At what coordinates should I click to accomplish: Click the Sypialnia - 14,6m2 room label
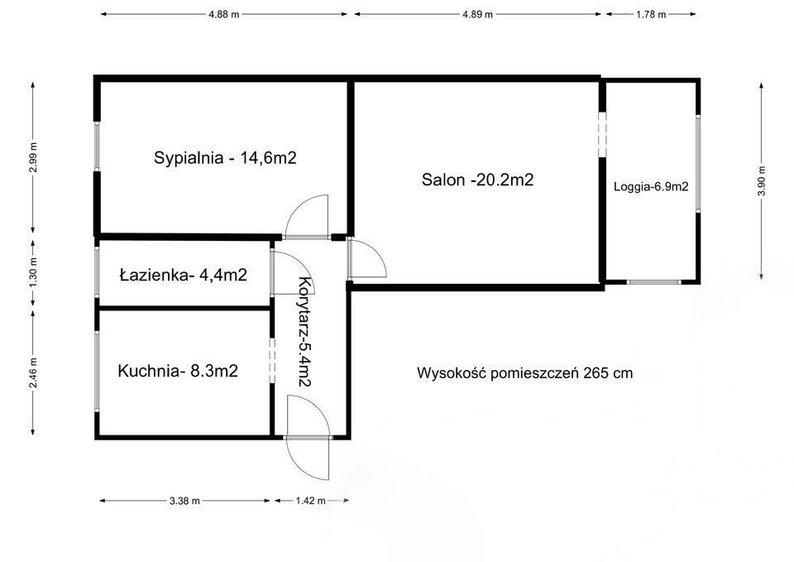click(x=225, y=158)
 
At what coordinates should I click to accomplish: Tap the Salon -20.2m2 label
click(x=477, y=179)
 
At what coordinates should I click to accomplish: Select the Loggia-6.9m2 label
click(x=651, y=187)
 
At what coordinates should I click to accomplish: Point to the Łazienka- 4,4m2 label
click(x=183, y=275)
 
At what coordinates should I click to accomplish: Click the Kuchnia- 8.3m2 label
click(x=178, y=372)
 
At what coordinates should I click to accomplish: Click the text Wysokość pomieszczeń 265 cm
click(x=524, y=373)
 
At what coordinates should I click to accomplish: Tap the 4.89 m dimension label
click(x=477, y=14)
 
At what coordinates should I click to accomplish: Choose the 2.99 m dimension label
click(x=33, y=157)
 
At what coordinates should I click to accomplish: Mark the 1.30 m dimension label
click(x=33, y=273)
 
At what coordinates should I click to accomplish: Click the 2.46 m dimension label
click(x=33, y=370)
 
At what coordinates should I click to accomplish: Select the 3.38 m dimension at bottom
click(x=184, y=501)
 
